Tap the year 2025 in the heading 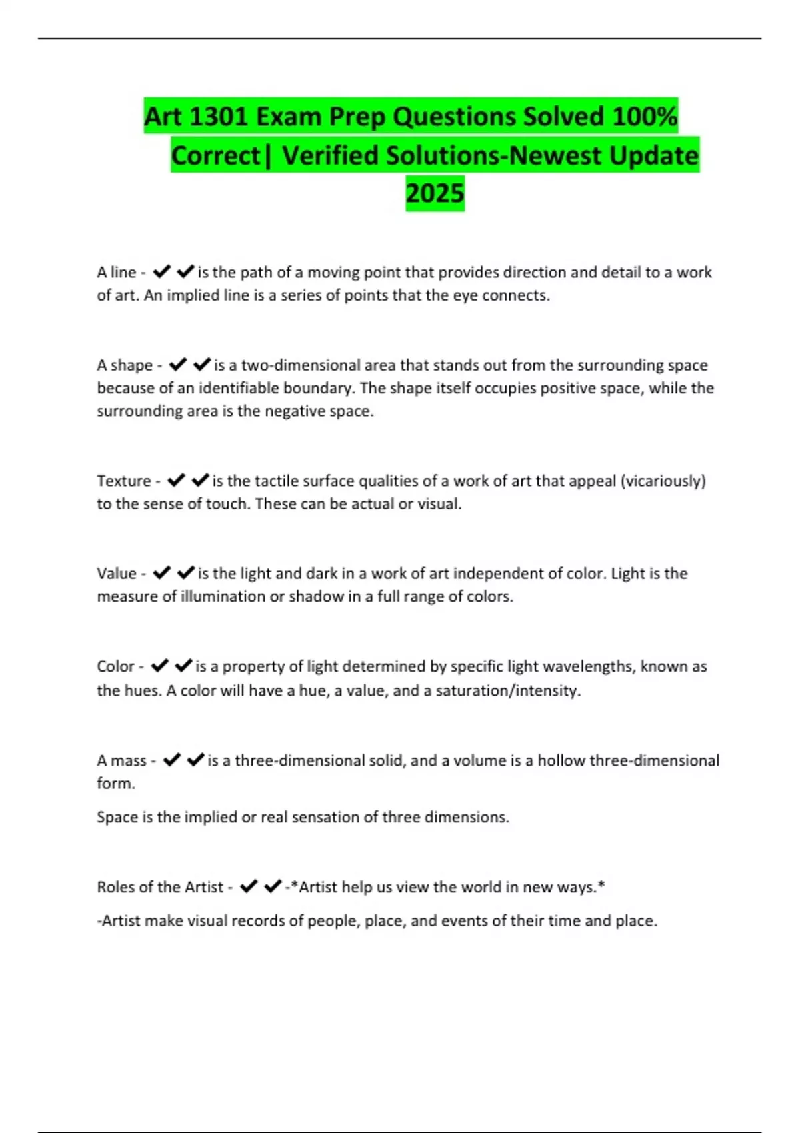click(x=435, y=193)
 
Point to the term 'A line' click(x=116, y=272)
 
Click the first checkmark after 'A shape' click(x=177, y=365)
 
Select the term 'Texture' click(x=124, y=481)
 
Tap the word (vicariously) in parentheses click(x=663, y=481)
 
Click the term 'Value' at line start click(x=117, y=573)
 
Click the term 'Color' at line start click(x=115, y=666)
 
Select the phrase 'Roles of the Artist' click(x=160, y=887)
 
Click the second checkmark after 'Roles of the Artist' click(x=272, y=886)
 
